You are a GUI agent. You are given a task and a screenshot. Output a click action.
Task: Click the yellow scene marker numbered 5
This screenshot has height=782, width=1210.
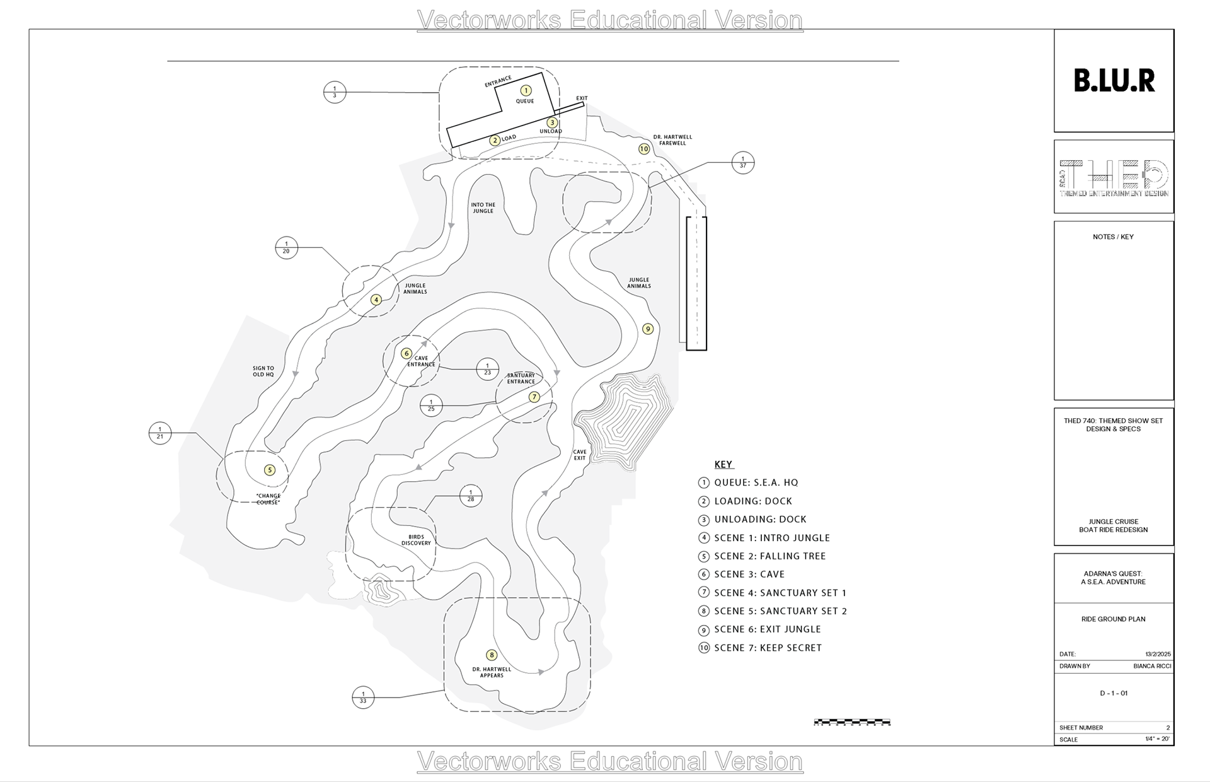click(x=270, y=470)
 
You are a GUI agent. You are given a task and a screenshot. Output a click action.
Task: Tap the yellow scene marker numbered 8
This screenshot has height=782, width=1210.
click(x=492, y=655)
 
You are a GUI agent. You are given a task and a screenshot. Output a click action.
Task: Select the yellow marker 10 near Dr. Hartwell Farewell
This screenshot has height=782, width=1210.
click(x=643, y=149)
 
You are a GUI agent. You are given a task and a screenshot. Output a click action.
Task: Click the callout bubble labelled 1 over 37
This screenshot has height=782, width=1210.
click(x=743, y=162)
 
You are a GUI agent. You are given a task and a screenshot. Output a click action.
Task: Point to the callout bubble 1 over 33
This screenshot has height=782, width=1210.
click(x=363, y=697)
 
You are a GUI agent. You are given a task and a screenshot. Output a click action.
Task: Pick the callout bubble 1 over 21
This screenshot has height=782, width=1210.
click(x=160, y=433)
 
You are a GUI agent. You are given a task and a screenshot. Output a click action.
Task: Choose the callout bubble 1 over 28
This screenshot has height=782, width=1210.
click(x=471, y=496)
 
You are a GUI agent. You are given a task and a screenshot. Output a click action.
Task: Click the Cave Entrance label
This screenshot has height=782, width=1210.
click(x=421, y=361)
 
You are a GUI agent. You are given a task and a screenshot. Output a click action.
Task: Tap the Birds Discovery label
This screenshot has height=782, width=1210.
click(x=416, y=540)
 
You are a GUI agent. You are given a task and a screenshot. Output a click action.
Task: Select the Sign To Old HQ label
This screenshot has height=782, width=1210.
click(x=263, y=371)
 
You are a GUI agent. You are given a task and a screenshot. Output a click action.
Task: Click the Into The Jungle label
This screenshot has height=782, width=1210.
click(x=483, y=207)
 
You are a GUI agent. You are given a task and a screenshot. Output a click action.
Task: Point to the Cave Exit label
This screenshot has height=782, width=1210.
click(x=580, y=455)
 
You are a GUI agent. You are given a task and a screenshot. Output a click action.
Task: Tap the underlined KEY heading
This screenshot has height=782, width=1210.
click(x=723, y=465)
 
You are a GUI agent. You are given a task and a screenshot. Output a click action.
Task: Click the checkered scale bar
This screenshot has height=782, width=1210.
click(x=852, y=722)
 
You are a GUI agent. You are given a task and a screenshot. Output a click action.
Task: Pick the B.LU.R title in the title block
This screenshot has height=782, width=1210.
click(x=1114, y=81)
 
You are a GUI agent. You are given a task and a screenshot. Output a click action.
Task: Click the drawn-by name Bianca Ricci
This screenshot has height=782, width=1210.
click(x=1152, y=666)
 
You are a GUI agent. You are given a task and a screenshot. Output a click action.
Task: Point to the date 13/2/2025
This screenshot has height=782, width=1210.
click(x=1158, y=654)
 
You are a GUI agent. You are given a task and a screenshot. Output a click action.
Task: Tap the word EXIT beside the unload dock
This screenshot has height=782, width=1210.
click(x=582, y=98)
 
